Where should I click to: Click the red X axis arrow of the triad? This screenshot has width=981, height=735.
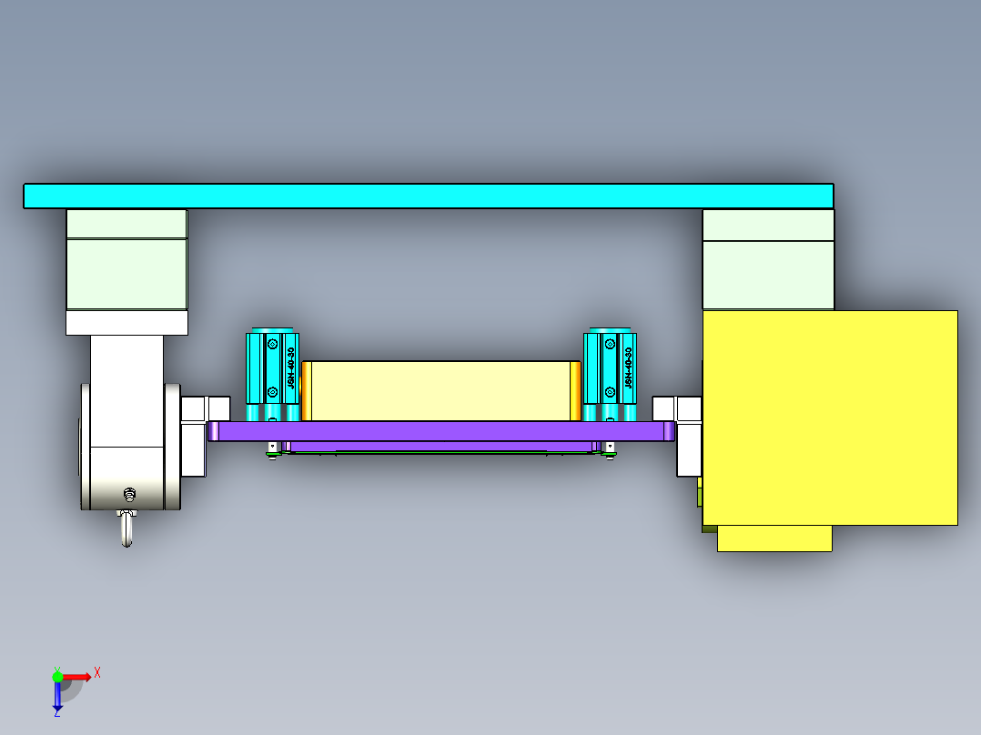(78, 676)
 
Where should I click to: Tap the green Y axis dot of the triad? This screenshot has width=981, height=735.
(57, 676)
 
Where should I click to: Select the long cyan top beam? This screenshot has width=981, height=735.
(428, 196)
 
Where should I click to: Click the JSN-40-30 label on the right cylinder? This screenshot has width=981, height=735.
(628, 367)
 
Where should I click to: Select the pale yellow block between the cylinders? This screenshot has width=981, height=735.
(441, 390)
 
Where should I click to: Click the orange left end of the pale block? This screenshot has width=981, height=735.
(307, 390)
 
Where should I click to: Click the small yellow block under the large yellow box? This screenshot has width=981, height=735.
(774, 539)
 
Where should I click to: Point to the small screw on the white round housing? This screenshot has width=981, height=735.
(129, 495)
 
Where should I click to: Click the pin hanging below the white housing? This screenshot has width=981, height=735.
(127, 529)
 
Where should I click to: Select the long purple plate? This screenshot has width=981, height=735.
(441, 431)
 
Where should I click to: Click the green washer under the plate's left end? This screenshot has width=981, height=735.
(272, 454)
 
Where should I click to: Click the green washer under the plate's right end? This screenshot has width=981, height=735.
(609, 454)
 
